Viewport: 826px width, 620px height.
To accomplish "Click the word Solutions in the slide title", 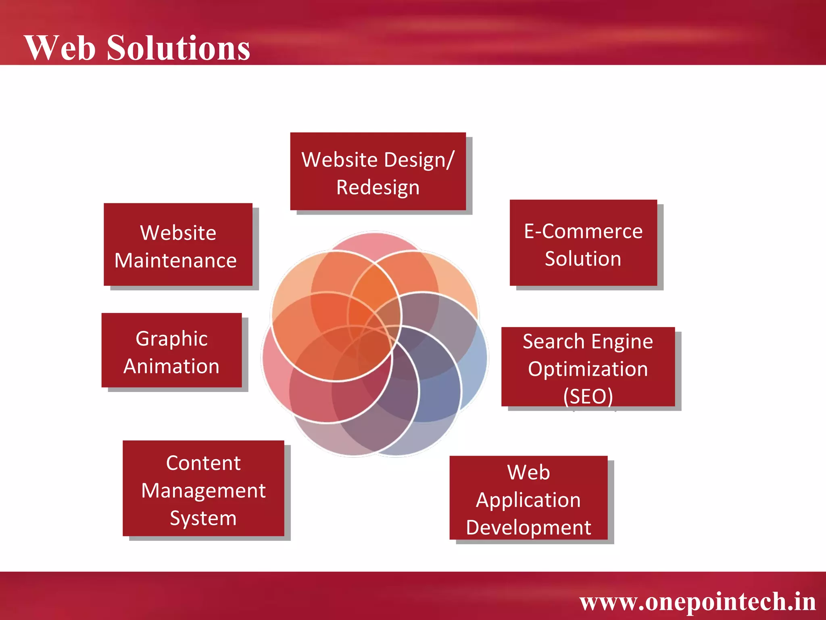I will (x=178, y=48).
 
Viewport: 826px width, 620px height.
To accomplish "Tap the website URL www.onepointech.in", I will (x=697, y=601).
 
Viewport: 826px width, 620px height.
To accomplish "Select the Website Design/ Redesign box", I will (x=378, y=172).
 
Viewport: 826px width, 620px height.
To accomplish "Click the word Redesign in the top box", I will (x=378, y=188).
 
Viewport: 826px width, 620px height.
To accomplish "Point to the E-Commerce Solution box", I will (x=583, y=243).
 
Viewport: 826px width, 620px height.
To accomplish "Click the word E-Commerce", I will (x=583, y=231).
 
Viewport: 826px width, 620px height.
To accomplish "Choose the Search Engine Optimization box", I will (x=588, y=367).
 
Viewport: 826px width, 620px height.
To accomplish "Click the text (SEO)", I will (x=588, y=396).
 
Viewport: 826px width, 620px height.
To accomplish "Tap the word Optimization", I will (x=588, y=369).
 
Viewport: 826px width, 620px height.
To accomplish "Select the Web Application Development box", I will (x=528, y=498).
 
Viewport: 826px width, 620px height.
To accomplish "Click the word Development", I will (x=528, y=528).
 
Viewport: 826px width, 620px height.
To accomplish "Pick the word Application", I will (x=528, y=501).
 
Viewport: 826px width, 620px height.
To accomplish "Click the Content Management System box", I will (x=203, y=488).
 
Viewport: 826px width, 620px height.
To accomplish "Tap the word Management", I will (x=203, y=491).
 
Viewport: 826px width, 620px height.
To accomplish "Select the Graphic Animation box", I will (x=171, y=350).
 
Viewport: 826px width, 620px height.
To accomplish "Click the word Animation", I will (x=171, y=366).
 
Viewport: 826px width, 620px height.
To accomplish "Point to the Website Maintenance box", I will (x=178, y=244).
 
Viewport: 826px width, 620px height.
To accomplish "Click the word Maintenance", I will (x=175, y=260).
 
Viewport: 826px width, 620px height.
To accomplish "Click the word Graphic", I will (x=171, y=338).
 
